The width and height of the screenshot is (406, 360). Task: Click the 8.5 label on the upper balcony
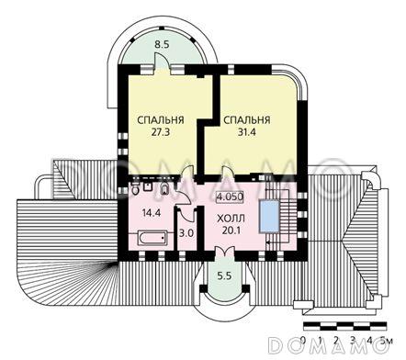(x=163, y=44)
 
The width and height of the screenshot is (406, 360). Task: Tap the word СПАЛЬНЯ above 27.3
(x=160, y=120)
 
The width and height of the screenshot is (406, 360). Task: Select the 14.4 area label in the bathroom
(x=148, y=217)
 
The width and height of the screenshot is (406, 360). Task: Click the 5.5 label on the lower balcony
(x=223, y=276)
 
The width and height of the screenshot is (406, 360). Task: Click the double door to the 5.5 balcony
(x=224, y=258)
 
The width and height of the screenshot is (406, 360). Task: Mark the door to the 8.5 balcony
(x=163, y=65)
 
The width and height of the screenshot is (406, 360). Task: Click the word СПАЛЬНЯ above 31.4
(x=246, y=120)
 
